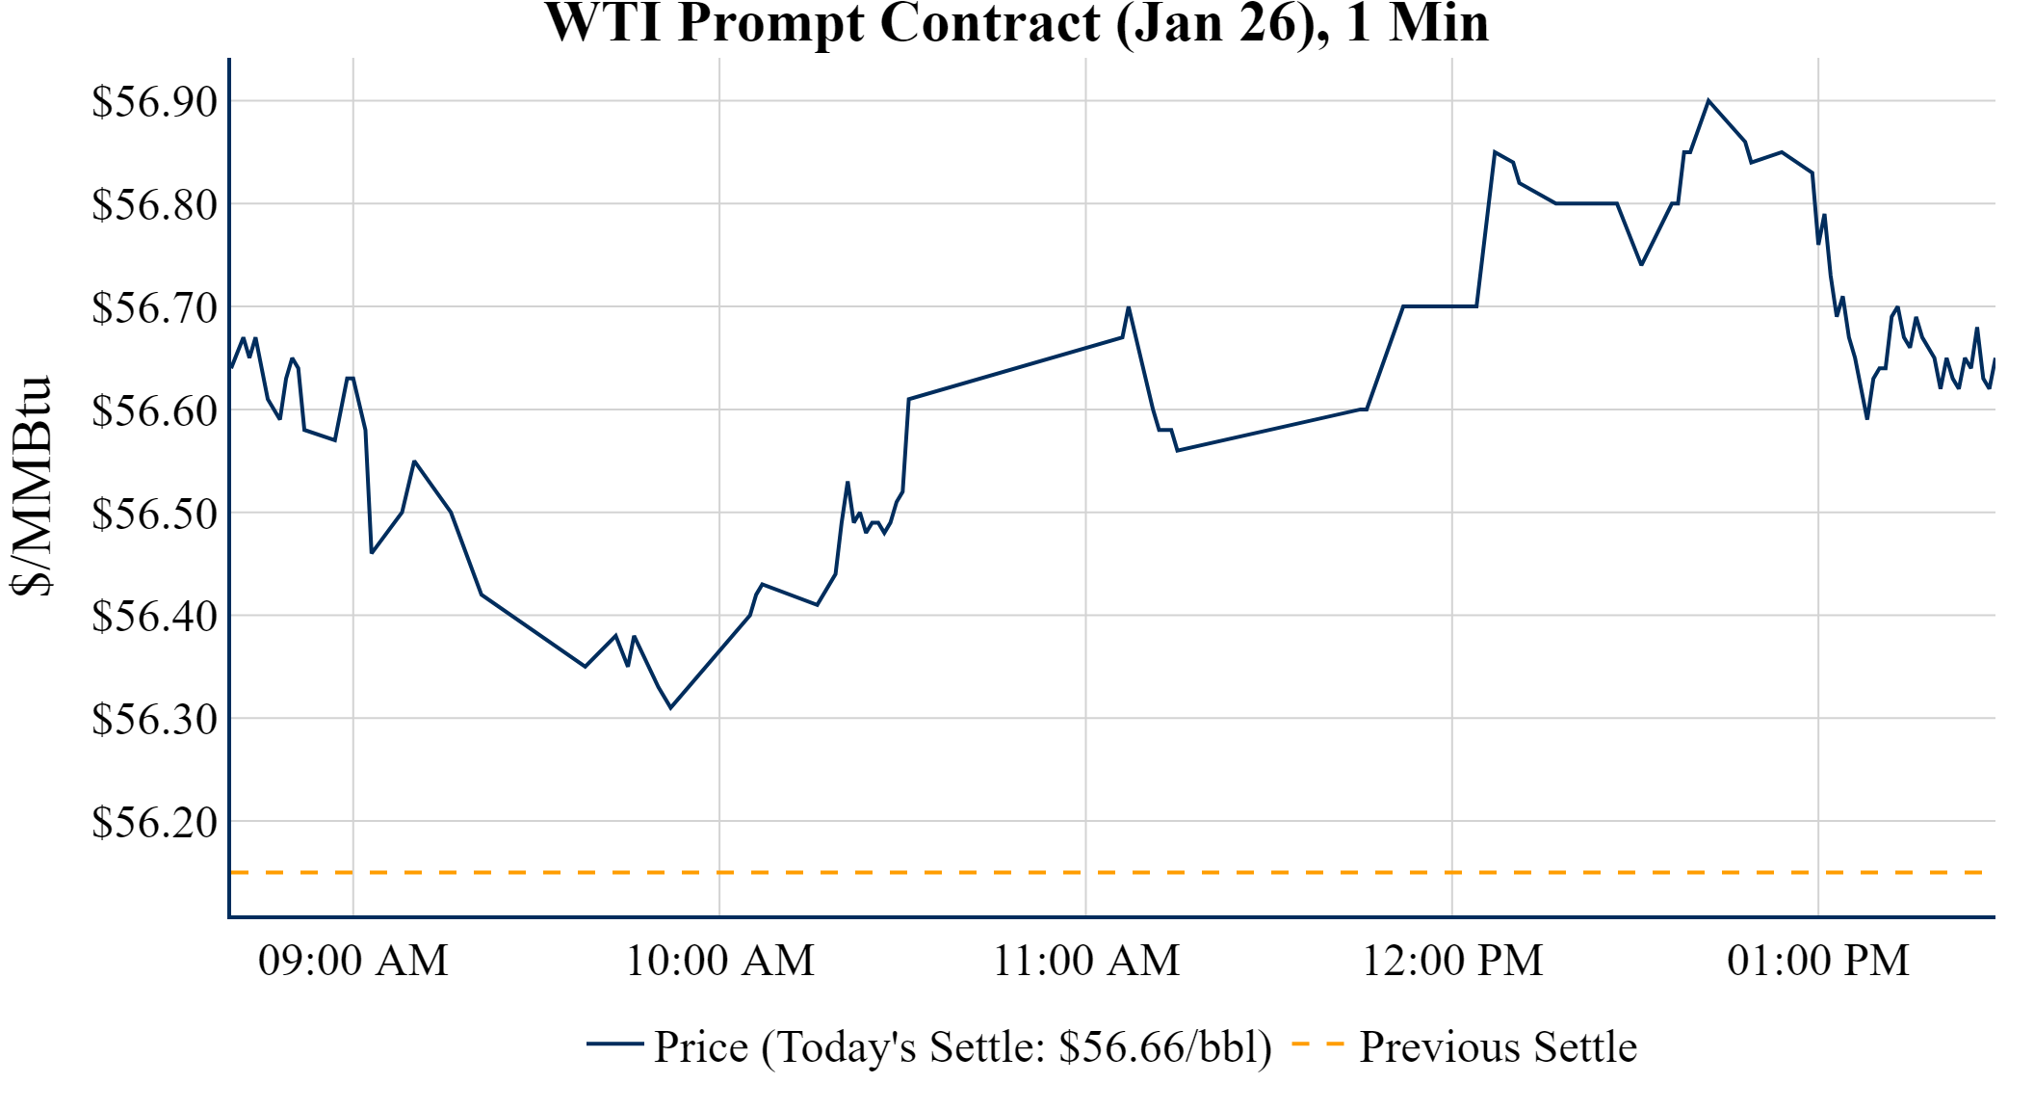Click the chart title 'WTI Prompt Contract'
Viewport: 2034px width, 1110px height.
(x=1016, y=23)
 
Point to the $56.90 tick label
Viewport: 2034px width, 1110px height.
(x=155, y=101)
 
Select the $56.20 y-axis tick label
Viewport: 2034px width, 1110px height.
(x=155, y=822)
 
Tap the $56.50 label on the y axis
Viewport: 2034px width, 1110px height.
(x=155, y=514)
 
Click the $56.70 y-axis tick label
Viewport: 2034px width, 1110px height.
(x=155, y=307)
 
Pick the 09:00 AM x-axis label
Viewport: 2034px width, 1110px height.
(x=353, y=961)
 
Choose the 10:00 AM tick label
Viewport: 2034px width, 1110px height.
(x=719, y=961)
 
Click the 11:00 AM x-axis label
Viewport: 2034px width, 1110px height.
(x=1086, y=961)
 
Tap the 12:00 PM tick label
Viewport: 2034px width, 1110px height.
(x=1452, y=961)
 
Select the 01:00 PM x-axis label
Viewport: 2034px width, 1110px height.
(x=1818, y=961)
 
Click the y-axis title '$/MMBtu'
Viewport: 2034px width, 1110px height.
(x=31, y=487)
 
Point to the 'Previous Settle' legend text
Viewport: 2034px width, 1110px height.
(x=1498, y=1046)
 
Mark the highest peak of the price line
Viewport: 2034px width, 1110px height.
(x=1708, y=100)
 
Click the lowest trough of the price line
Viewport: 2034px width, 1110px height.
(x=670, y=708)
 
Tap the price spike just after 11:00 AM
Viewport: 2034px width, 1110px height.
(x=1128, y=307)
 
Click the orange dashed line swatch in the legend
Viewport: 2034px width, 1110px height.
(x=1317, y=1044)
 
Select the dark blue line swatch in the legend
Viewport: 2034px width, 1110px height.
(x=614, y=1044)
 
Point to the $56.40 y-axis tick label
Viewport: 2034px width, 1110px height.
(x=155, y=616)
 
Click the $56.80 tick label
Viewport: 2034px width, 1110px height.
(x=155, y=204)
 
